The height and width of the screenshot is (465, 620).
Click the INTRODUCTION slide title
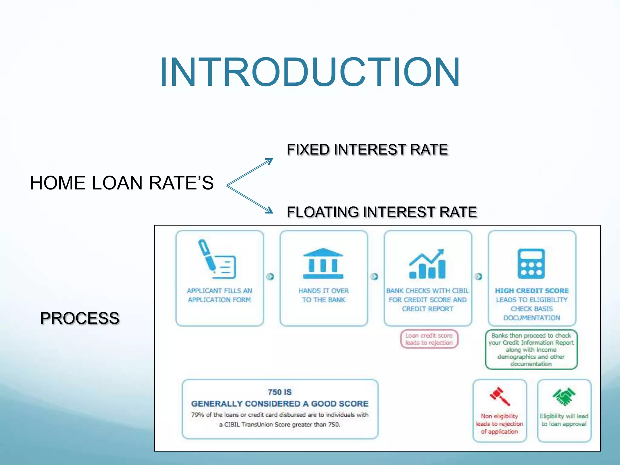pos(310,73)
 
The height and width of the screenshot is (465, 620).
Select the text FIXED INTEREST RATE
pos(367,150)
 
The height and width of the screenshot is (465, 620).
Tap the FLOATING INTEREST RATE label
pos(382,212)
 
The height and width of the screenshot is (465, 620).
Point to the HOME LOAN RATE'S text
pos(122,183)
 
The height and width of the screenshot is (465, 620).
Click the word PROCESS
pos(80,318)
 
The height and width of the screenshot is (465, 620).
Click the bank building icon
pos(323,263)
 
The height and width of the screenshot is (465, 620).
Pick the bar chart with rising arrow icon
pos(427,264)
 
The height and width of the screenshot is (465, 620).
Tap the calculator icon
pos(531,264)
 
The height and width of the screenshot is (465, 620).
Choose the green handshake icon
pos(564,396)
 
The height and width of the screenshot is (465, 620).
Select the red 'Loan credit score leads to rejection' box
pos(429,339)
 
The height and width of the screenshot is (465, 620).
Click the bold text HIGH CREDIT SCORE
pos(532,291)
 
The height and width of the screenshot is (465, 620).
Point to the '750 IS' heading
pos(280,392)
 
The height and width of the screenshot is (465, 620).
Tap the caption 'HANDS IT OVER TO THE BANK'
pos(323,295)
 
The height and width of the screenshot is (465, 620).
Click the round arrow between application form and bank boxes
pos(270,276)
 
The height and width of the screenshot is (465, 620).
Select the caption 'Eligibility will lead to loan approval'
pos(564,420)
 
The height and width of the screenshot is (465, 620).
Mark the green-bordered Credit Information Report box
pos(531,349)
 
